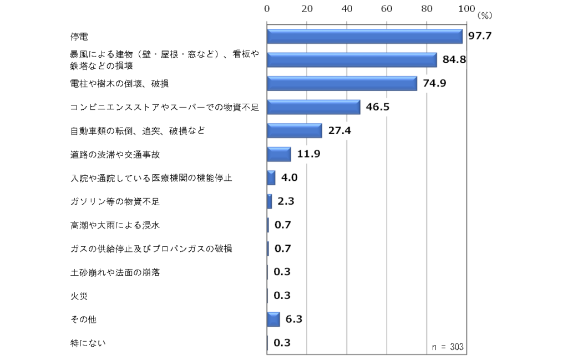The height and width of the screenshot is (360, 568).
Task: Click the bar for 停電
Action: click(x=365, y=37)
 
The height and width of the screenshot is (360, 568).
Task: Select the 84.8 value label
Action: click(x=454, y=59)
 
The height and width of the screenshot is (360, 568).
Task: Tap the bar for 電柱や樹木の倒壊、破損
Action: click(x=342, y=84)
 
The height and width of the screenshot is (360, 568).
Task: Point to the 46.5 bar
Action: click(x=314, y=107)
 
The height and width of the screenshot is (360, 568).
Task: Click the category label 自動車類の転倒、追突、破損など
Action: click(x=138, y=131)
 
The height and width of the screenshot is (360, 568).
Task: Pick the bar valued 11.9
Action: click(x=279, y=154)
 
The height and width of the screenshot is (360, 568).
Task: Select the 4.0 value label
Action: click(x=289, y=178)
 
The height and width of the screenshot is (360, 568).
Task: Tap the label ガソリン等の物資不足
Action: click(x=115, y=201)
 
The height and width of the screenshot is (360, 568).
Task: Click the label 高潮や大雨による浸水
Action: click(x=115, y=225)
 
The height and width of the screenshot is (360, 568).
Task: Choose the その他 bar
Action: click(x=273, y=320)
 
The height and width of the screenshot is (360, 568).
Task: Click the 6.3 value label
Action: click(x=294, y=319)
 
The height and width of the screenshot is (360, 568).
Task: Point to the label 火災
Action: click(x=79, y=296)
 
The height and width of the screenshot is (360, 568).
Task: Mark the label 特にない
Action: click(x=88, y=343)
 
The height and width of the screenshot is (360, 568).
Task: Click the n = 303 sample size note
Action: click(x=448, y=347)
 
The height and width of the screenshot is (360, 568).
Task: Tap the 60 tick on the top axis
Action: click(x=387, y=8)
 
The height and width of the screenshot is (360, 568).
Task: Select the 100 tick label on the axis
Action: click(x=466, y=8)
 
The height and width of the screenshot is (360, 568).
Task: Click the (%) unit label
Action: click(x=484, y=16)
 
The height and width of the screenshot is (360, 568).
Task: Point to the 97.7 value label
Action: click(x=480, y=36)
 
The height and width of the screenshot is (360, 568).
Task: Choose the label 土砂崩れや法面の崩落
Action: click(x=115, y=272)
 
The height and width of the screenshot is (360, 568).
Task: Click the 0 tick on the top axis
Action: click(x=267, y=8)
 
